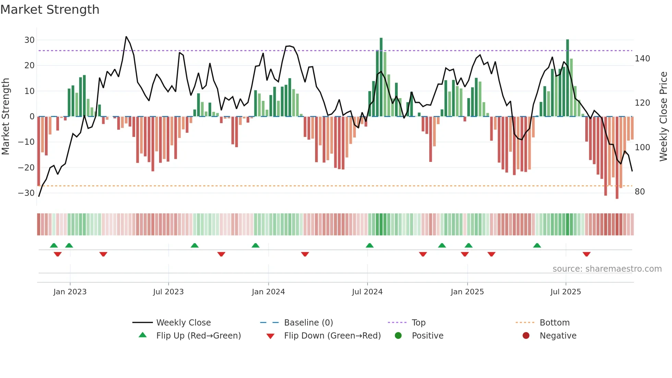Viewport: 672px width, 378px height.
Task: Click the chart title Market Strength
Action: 50,10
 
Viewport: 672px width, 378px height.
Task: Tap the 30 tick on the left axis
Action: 29,40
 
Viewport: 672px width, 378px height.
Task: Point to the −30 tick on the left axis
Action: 26,193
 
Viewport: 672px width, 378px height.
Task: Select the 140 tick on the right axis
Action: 642,59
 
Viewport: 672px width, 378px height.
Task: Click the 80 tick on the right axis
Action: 640,192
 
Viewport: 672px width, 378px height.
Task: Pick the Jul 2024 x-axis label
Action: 367,292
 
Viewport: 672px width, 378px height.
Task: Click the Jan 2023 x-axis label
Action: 70,292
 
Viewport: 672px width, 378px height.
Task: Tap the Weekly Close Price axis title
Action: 663,117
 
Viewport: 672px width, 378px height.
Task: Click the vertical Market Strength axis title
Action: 5,117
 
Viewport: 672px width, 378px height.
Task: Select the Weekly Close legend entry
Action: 183,323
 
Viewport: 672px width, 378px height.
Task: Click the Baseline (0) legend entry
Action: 308,323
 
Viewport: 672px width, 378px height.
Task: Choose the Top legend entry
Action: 418,323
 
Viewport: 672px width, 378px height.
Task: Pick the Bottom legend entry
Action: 554,323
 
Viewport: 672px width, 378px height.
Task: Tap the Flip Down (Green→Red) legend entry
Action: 332,336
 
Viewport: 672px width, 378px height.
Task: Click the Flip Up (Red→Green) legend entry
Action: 199,336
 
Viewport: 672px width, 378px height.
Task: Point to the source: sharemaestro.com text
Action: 607,269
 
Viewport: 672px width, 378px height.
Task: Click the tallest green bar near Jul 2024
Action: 381,77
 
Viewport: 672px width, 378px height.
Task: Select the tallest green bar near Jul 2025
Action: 567,78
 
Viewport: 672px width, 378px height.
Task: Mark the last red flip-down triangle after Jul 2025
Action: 586,254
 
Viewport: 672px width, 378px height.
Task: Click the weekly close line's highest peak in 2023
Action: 126,37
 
